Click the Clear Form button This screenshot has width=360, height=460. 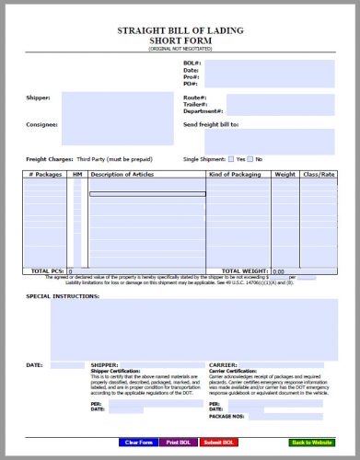click(x=138, y=443)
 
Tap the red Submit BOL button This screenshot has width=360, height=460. click(x=218, y=443)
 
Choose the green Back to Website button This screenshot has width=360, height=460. click(x=311, y=443)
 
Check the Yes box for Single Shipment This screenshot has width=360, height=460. click(x=231, y=159)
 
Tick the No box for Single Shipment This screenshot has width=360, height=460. click(x=251, y=159)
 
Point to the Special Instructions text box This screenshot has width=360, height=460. click(x=193, y=327)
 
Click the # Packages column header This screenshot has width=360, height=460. click(x=44, y=174)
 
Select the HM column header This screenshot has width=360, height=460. click(x=77, y=174)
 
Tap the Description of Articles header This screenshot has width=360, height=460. click(x=123, y=174)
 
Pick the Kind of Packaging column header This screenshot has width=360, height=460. click(x=237, y=174)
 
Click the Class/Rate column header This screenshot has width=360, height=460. click(x=319, y=174)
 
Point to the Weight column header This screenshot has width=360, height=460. click(x=285, y=174)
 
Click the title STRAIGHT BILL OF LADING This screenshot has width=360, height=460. click(x=180, y=30)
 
